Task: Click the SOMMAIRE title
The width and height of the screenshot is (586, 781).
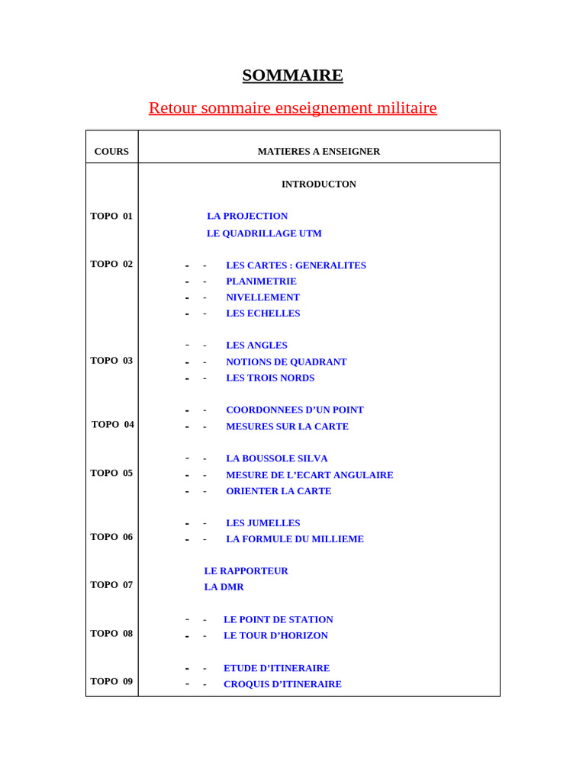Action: coord(292,76)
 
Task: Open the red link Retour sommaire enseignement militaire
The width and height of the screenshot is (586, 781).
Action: coord(292,108)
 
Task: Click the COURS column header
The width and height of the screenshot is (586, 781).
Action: coord(111,152)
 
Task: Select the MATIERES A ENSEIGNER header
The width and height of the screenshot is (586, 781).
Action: coord(318,152)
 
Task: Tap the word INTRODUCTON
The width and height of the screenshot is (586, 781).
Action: coord(318,184)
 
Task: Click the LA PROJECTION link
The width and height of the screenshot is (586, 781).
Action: coord(247,216)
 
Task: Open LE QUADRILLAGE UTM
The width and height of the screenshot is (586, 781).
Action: coord(264,233)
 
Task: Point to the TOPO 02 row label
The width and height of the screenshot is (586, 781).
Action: coord(111,264)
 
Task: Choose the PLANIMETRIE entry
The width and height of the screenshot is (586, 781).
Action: coord(261,281)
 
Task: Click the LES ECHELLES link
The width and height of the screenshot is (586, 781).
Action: coord(262,313)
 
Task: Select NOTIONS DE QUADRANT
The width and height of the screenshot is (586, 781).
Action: coord(286,362)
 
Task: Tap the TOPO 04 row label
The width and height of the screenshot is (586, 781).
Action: coord(112,425)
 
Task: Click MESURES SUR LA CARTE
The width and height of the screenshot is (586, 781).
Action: coord(287,427)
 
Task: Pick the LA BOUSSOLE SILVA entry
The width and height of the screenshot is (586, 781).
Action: coord(276,458)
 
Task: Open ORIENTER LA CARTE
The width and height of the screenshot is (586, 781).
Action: coord(279,491)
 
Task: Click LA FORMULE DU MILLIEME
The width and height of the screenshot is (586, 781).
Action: coord(295,539)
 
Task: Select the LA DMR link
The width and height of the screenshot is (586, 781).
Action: coord(224,587)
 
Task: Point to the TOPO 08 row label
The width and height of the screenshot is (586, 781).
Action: coord(111,633)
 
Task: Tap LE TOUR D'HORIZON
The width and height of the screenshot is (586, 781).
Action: coord(275,635)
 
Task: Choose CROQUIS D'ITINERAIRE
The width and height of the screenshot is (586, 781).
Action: coord(282,684)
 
